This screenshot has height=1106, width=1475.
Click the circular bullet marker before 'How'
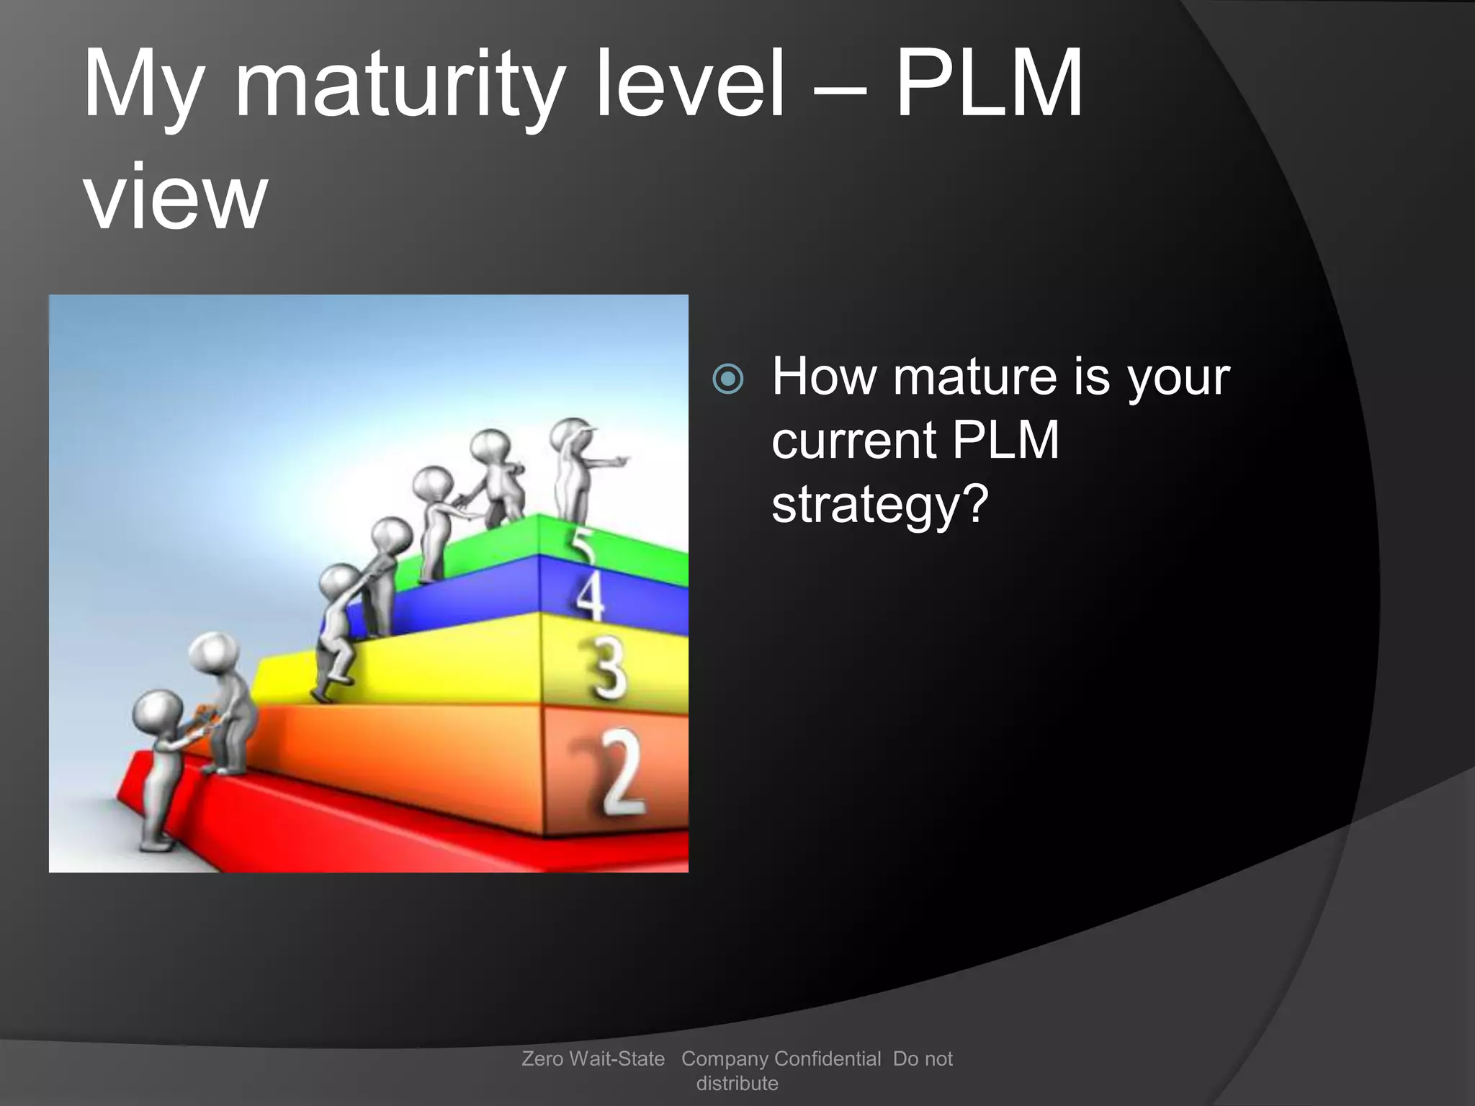pyautogui.click(x=727, y=379)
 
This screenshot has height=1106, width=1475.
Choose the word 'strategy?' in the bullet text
pyautogui.click(x=879, y=505)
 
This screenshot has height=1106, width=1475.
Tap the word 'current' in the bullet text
pyautogui.click(x=853, y=441)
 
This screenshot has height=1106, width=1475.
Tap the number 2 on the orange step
pyautogui.click(x=621, y=772)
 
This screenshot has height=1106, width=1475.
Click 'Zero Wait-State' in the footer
pyautogui.click(x=593, y=1058)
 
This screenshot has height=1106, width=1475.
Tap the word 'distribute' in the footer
pyautogui.click(x=737, y=1083)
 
